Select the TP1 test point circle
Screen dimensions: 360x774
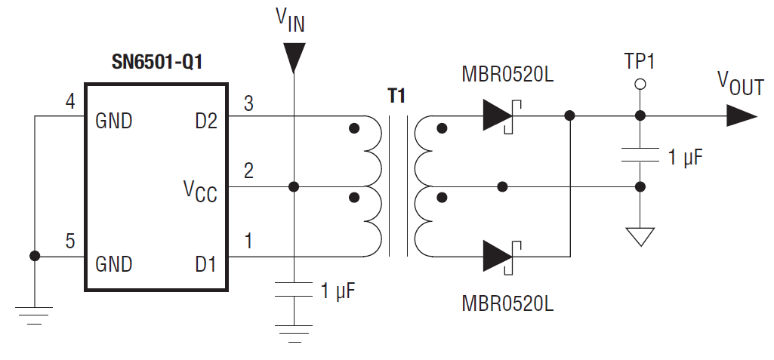click(x=640, y=85)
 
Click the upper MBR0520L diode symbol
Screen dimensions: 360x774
click(x=498, y=115)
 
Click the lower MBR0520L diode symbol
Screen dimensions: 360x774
click(x=498, y=257)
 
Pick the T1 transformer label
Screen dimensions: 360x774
click(x=396, y=96)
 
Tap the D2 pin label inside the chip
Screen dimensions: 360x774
click(x=205, y=121)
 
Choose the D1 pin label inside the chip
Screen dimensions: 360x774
click(x=205, y=263)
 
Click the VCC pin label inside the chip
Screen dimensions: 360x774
click(x=199, y=192)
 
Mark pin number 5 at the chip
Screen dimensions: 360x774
click(x=70, y=242)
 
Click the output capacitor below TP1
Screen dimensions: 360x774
click(x=640, y=156)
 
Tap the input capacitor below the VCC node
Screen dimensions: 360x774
click(x=293, y=290)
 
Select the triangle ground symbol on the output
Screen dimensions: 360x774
click(x=640, y=236)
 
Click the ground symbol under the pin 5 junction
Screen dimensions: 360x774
click(x=34, y=313)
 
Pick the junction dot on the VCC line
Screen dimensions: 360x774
click(x=293, y=186)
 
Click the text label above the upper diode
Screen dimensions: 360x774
click(x=507, y=75)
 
